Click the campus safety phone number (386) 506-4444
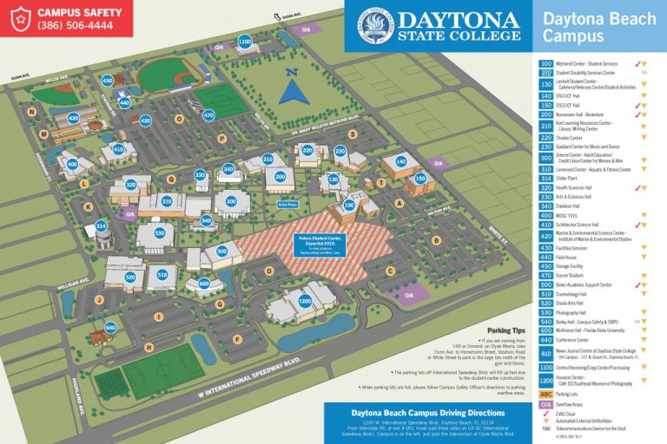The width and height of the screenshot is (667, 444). point(74,25)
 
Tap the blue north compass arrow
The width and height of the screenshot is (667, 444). point(297,87)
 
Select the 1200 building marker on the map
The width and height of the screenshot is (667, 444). point(305,300)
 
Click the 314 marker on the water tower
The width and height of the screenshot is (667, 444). point(102,226)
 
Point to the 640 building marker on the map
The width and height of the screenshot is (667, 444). point(110,327)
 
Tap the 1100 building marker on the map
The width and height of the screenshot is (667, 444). point(245,41)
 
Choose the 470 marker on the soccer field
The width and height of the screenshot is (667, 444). point(208,114)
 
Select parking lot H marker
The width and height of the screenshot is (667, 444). point(149,348)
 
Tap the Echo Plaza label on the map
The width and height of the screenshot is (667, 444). point(287,204)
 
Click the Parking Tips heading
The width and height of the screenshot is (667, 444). point(506,330)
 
